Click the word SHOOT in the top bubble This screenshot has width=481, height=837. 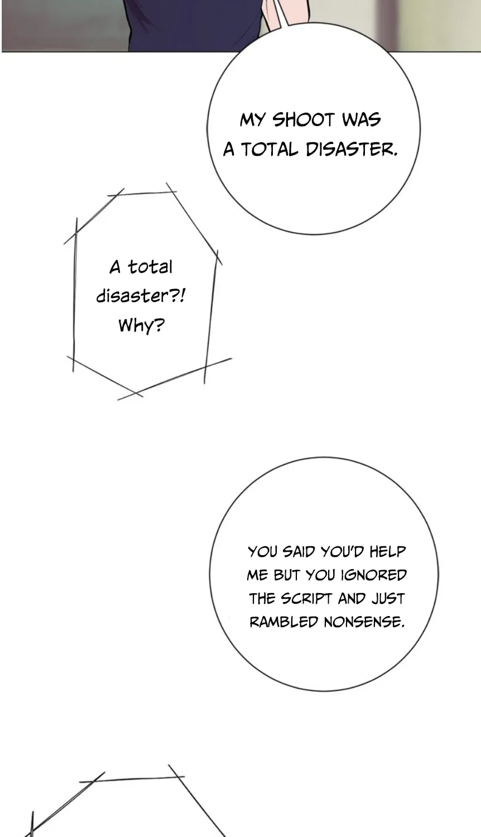click(303, 121)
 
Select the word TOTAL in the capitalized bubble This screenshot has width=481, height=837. click(269, 150)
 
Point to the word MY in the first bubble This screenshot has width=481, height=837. click(252, 121)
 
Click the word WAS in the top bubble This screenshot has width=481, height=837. click(361, 120)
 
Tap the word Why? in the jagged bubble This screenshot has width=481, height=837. click(141, 325)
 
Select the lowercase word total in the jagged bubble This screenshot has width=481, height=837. click(151, 267)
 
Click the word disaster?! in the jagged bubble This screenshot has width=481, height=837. click(141, 296)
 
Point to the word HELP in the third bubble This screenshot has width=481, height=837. click(388, 551)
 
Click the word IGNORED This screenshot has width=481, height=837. click(373, 575)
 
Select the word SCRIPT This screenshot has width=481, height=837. click(307, 599)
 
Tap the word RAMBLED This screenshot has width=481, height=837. click(283, 622)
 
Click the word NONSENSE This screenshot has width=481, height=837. click(364, 622)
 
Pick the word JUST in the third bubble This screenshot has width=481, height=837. click(388, 599)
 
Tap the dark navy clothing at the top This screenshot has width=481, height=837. click(194, 26)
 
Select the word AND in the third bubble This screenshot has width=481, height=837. click(352, 599)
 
